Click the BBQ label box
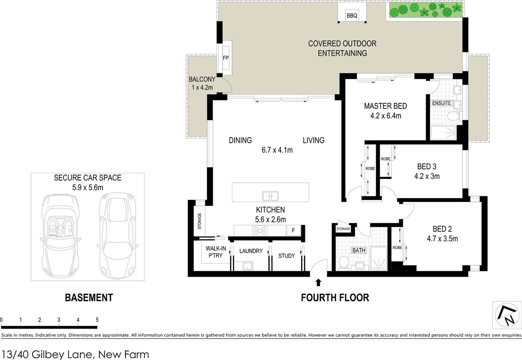[x=352, y=16]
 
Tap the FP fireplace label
[x=226, y=58]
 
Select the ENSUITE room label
[x=441, y=103]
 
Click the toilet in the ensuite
[x=453, y=117]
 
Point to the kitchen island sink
[x=270, y=196]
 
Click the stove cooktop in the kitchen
[x=260, y=231]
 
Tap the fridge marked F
[x=293, y=230]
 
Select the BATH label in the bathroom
[x=359, y=250]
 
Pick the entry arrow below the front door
[x=318, y=283]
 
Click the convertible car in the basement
[x=60, y=233]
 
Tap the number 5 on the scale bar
[x=97, y=320]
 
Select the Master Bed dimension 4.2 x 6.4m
[x=385, y=116]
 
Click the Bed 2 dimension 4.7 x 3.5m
[x=442, y=239]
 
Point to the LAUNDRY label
[x=251, y=251]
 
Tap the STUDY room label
[x=286, y=256]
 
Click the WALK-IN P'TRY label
[x=216, y=252]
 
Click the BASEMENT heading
[x=89, y=298]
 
